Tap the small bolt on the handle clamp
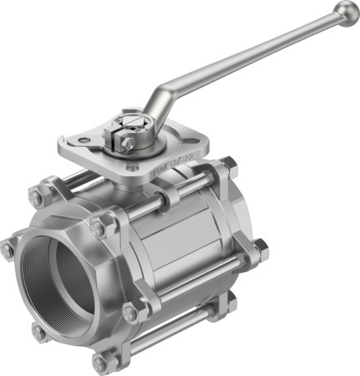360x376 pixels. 127,143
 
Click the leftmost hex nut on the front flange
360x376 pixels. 8,248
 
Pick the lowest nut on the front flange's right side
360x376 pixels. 131,312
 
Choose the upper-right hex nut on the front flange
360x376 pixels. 99,226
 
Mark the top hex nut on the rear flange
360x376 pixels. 227,166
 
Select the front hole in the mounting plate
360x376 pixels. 133,166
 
